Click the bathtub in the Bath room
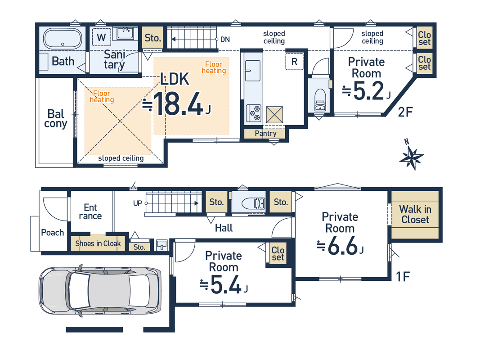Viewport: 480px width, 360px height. point(63,39)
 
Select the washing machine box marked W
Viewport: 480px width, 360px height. point(101,37)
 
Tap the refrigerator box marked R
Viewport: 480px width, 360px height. point(295,62)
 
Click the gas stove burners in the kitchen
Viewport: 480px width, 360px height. point(254,112)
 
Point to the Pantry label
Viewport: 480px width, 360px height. point(266,134)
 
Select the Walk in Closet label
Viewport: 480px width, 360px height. point(415,214)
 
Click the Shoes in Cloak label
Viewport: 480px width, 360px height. point(98,243)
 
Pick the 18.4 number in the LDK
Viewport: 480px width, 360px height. point(178,104)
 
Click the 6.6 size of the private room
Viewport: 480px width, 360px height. point(343,247)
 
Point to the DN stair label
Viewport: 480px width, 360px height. point(225,40)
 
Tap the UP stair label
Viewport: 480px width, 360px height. point(138,203)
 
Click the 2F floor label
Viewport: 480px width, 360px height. point(405,112)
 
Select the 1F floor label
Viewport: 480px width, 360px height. point(403,277)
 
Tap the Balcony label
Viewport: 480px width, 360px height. point(56,119)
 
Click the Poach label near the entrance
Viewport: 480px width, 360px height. point(53,233)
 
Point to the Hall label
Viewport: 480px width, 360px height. point(224,228)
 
